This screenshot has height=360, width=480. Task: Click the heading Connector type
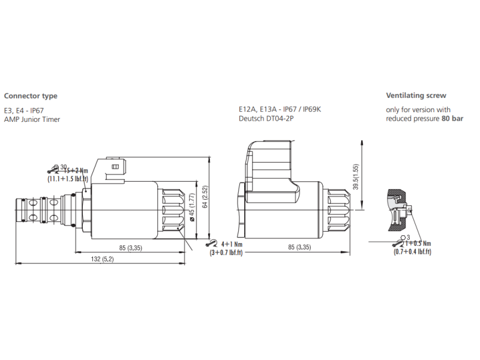(x=31, y=95)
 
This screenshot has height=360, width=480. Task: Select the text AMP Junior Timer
(x=32, y=119)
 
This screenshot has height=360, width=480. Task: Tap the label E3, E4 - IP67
(x=24, y=110)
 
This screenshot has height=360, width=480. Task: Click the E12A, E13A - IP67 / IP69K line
(x=279, y=110)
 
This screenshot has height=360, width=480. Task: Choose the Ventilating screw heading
(x=416, y=95)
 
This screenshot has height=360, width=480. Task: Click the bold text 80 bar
(x=452, y=119)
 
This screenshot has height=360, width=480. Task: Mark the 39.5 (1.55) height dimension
(x=355, y=177)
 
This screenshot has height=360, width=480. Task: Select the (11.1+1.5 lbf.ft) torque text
(x=68, y=179)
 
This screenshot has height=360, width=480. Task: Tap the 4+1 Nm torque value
(x=232, y=244)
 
